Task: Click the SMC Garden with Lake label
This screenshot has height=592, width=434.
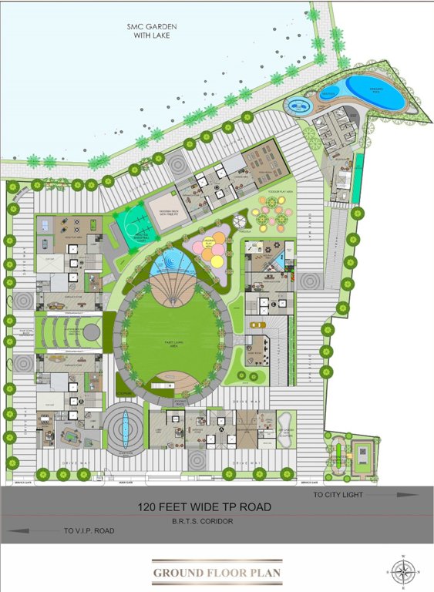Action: (x=152, y=31)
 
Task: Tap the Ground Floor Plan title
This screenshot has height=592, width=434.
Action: (x=217, y=573)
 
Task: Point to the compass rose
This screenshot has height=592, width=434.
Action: (x=402, y=570)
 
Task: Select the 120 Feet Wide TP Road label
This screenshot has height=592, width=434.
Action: (x=204, y=507)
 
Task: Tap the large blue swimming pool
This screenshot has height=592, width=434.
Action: (x=375, y=92)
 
